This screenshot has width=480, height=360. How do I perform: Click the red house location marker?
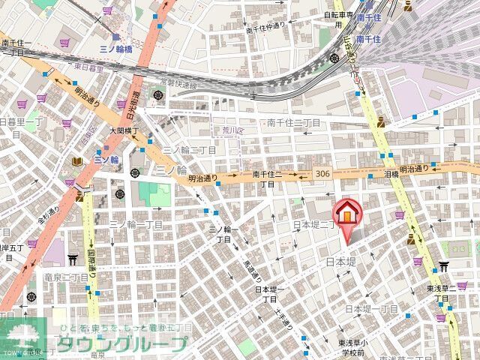347,214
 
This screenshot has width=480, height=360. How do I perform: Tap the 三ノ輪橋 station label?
115,47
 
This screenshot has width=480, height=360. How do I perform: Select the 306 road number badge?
323,174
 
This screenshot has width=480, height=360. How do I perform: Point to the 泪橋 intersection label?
391,173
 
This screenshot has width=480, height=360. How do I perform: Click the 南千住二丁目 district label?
294,122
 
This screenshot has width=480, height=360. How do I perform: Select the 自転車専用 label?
337,13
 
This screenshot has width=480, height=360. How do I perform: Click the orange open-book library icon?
76,161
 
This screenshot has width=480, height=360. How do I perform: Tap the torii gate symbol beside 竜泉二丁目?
73,259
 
